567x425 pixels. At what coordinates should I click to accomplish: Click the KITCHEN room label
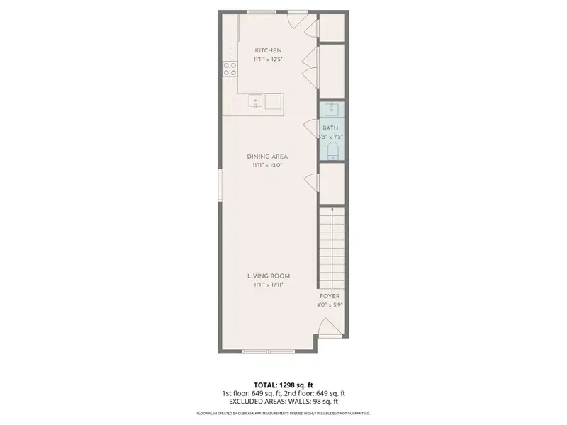[x=268, y=50]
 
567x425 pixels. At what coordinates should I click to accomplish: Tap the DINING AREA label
[x=267, y=157]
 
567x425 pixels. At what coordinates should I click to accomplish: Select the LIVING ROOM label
[x=268, y=276]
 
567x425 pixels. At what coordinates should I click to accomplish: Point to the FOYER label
[x=329, y=297]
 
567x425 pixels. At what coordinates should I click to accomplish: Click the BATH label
[x=330, y=128]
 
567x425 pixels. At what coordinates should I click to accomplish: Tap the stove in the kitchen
[x=230, y=69]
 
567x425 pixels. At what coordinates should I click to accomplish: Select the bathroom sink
[x=330, y=110]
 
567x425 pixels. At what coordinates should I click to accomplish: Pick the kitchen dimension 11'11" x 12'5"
[x=268, y=59]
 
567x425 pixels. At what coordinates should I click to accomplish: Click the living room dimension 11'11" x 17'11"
[x=268, y=285]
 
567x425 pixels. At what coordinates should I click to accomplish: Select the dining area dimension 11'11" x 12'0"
[x=267, y=166]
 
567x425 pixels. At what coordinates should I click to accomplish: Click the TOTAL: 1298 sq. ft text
[x=283, y=384]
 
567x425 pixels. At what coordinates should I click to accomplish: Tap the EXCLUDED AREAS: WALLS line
[x=283, y=402]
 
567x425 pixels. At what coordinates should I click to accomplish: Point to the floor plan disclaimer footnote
[x=283, y=413]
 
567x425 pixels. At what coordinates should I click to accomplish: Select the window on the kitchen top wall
[x=262, y=11]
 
